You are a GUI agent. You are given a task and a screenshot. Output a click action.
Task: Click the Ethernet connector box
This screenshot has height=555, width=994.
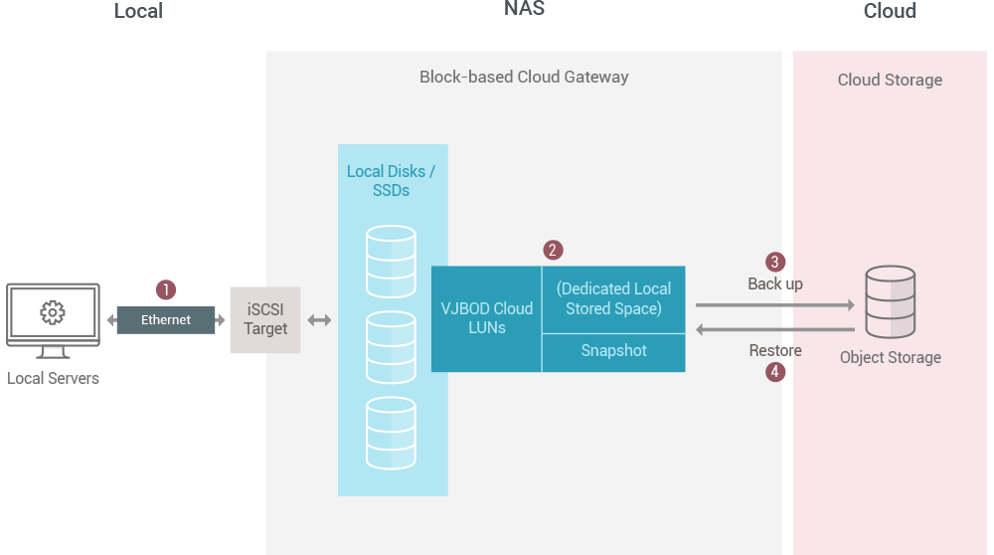pos(165,320)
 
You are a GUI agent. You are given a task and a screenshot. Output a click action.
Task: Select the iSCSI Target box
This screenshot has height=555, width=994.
pos(264,319)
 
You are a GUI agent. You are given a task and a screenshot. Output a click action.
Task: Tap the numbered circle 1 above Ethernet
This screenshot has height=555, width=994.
pos(166,289)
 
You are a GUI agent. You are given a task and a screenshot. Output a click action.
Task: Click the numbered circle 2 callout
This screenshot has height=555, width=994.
pos(554,250)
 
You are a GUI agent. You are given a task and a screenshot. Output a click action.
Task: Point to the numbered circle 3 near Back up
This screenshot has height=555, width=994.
pos(775,262)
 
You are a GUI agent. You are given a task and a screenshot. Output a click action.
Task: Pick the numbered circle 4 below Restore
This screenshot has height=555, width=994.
pos(775,372)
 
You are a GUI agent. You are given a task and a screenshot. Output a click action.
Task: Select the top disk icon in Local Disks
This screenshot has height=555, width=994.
pos(391,261)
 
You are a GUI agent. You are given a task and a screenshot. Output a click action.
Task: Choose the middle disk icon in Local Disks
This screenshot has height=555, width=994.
pos(391,347)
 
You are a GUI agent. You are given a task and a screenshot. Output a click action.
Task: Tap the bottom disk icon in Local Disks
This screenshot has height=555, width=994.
pos(391,433)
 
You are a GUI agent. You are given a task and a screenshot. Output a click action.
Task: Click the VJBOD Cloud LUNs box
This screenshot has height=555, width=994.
pos(487,318)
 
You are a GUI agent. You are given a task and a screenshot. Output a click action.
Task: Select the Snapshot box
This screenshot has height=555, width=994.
pos(613,352)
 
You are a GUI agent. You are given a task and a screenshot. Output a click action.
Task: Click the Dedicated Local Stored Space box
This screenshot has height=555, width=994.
pos(613,298)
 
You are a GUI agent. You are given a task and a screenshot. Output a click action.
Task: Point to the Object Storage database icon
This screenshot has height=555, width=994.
pos(890,301)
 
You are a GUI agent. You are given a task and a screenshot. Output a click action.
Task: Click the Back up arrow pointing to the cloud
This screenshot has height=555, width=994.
pos(774,306)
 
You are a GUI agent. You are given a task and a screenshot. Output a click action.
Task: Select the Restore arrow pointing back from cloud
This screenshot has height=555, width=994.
pos(774,329)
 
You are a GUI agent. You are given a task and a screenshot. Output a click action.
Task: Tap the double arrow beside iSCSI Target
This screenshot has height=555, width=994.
pos(319,320)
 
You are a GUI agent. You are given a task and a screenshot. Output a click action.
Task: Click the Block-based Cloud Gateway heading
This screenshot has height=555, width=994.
pos(524,77)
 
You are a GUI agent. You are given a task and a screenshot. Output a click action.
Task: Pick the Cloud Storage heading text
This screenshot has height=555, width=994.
pos(890,80)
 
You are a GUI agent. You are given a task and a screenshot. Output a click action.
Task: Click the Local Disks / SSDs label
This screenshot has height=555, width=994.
pos(391,180)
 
